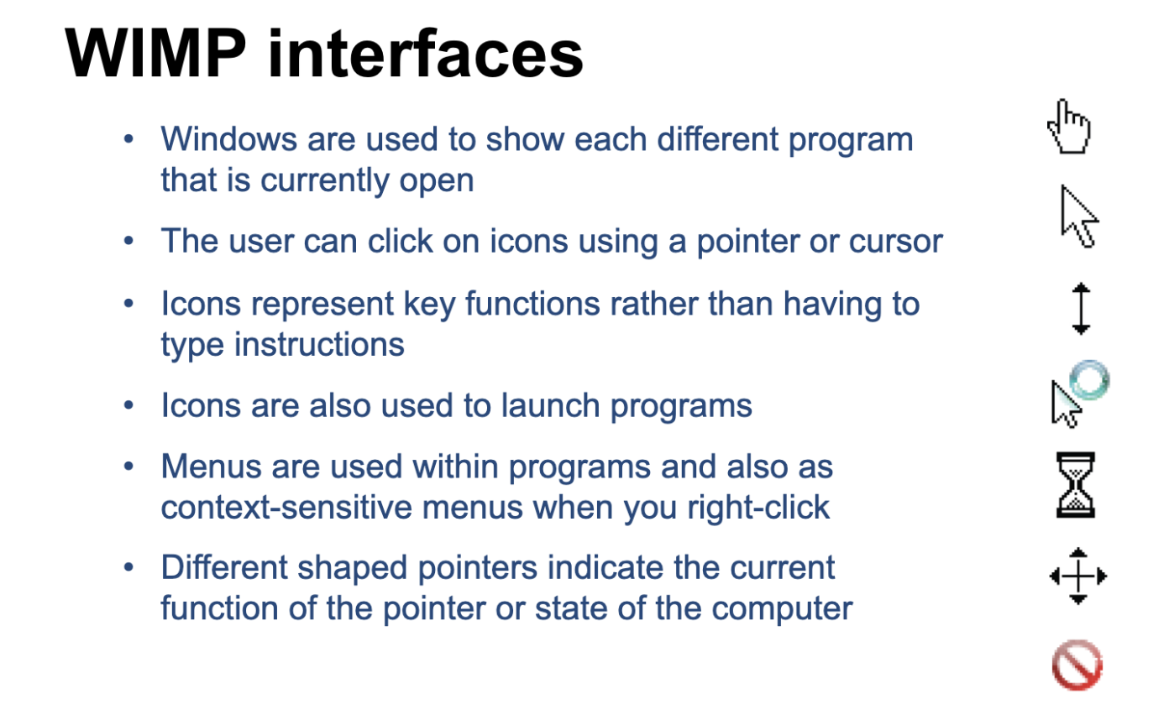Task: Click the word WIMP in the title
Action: [x=155, y=53]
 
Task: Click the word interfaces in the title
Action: [x=426, y=53]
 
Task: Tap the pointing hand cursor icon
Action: [x=1069, y=127]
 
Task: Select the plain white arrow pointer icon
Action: [x=1078, y=216]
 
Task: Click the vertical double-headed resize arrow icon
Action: [x=1081, y=308]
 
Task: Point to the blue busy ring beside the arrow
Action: [x=1089, y=380]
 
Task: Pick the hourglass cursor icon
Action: [x=1075, y=484]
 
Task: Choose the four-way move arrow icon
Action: [x=1078, y=576]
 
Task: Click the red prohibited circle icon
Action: [x=1077, y=665]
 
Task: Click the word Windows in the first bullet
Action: [x=228, y=139]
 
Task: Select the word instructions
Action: [x=319, y=344]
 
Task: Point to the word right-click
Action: [x=757, y=507]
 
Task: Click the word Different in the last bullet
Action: [x=224, y=567]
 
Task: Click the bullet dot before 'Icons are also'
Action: [x=128, y=404]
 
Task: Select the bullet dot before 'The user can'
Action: [x=128, y=241]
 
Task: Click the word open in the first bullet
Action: [x=437, y=181]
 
